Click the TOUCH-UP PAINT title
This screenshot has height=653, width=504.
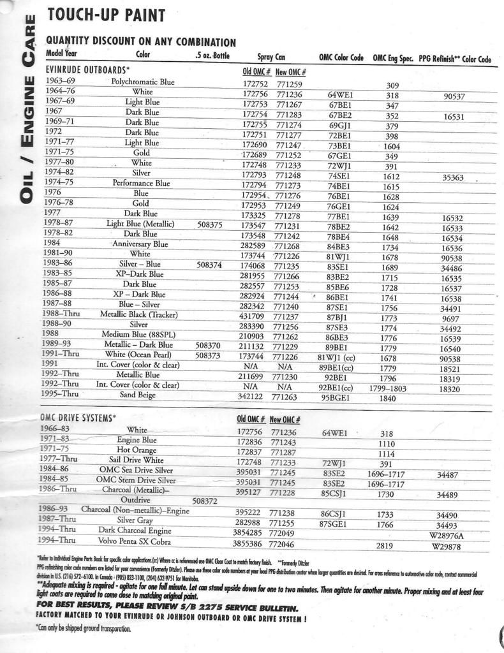106,15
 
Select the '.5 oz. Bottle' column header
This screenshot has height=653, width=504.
212,55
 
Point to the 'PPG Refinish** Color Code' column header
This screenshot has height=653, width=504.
455,58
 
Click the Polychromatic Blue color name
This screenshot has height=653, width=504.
142,82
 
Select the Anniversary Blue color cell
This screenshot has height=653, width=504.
140,244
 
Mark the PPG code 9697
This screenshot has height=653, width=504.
452,318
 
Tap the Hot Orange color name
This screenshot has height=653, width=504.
137,450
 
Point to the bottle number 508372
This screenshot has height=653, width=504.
206,501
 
